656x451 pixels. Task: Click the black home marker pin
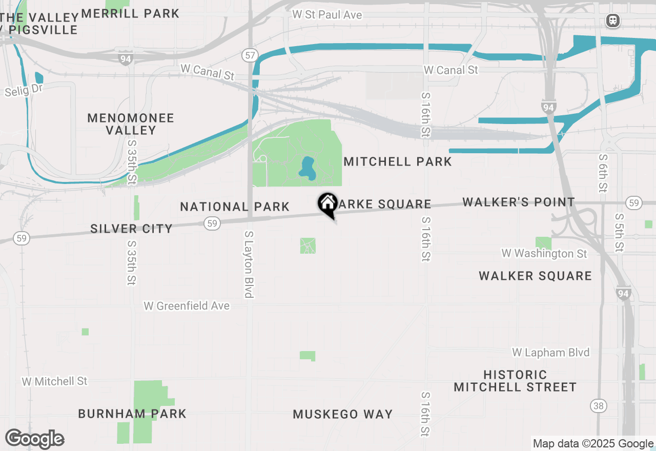pyautogui.click(x=327, y=204)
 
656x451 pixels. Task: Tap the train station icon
pyautogui.click(x=612, y=21)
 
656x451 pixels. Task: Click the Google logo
pyautogui.click(x=34, y=439)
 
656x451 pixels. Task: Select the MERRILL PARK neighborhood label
pyautogui.click(x=130, y=14)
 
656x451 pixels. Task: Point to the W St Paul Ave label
pyautogui.click(x=327, y=15)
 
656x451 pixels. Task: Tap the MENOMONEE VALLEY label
pyautogui.click(x=131, y=124)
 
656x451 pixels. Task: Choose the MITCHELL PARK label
pyautogui.click(x=398, y=162)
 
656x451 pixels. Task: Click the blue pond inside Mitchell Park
pyautogui.click(x=307, y=169)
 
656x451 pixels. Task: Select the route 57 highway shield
pyautogui.click(x=250, y=55)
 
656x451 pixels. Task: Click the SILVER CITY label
pyautogui.click(x=131, y=229)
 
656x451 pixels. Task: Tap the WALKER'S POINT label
pyautogui.click(x=518, y=202)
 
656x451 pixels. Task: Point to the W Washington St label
pyautogui.click(x=544, y=254)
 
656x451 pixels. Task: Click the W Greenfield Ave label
pyautogui.click(x=187, y=306)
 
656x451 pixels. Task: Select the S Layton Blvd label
pyautogui.click(x=249, y=264)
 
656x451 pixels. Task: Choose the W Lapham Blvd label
pyautogui.click(x=550, y=353)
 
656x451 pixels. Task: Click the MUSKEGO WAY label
pyautogui.click(x=342, y=414)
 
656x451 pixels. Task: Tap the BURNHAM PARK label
pyautogui.click(x=132, y=414)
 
